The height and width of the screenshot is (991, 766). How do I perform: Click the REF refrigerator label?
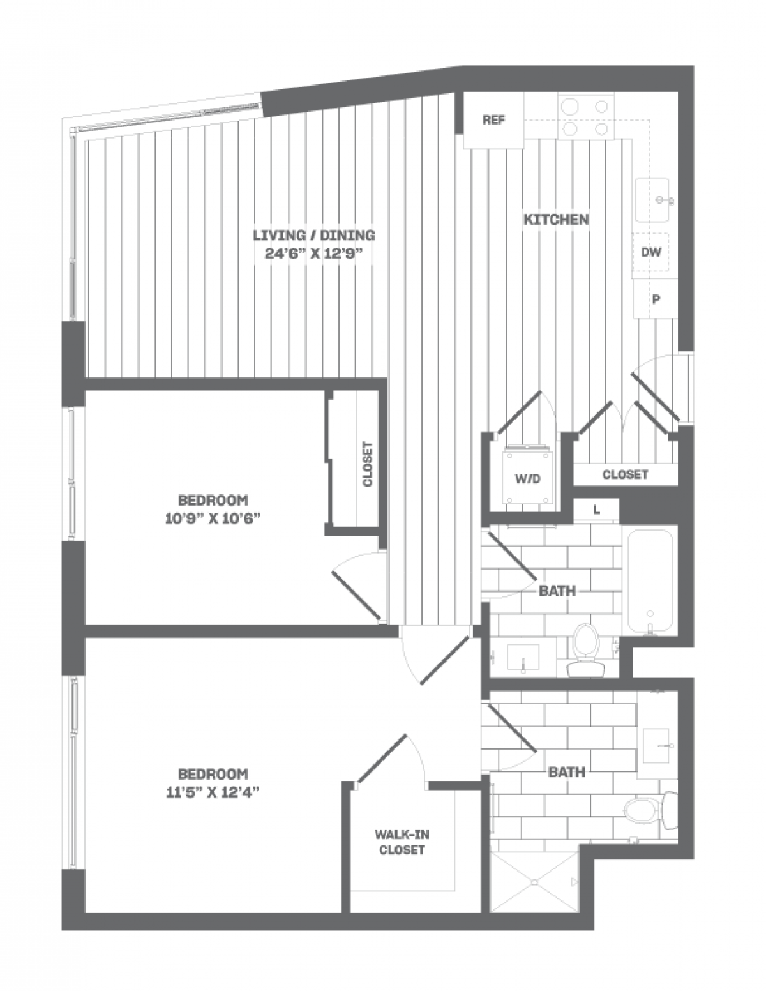click(x=493, y=120)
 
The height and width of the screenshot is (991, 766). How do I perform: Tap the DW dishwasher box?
click(x=650, y=252)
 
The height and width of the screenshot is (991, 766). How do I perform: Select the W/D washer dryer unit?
click(x=528, y=478)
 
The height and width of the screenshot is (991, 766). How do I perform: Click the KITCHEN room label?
click(x=556, y=220)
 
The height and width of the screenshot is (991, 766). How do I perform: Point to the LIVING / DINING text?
click(x=313, y=235)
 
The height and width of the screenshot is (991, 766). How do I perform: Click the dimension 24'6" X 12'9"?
click(x=313, y=253)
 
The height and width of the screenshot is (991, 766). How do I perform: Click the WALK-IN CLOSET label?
click(x=402, y=842)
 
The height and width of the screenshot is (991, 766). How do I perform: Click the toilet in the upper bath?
click(x=585, y=650)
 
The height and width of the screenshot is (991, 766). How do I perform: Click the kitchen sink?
click(x=652, y=200)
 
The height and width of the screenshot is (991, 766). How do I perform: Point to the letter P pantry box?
click(x=655, y=299)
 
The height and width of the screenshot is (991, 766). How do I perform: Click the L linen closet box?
click(x=596, y=510)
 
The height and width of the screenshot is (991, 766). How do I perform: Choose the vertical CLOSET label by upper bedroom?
click(x=367, y=464)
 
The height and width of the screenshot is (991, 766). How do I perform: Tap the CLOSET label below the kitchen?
click(x=625, y=474)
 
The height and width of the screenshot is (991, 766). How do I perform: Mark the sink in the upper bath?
click(x=523, y=658)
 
